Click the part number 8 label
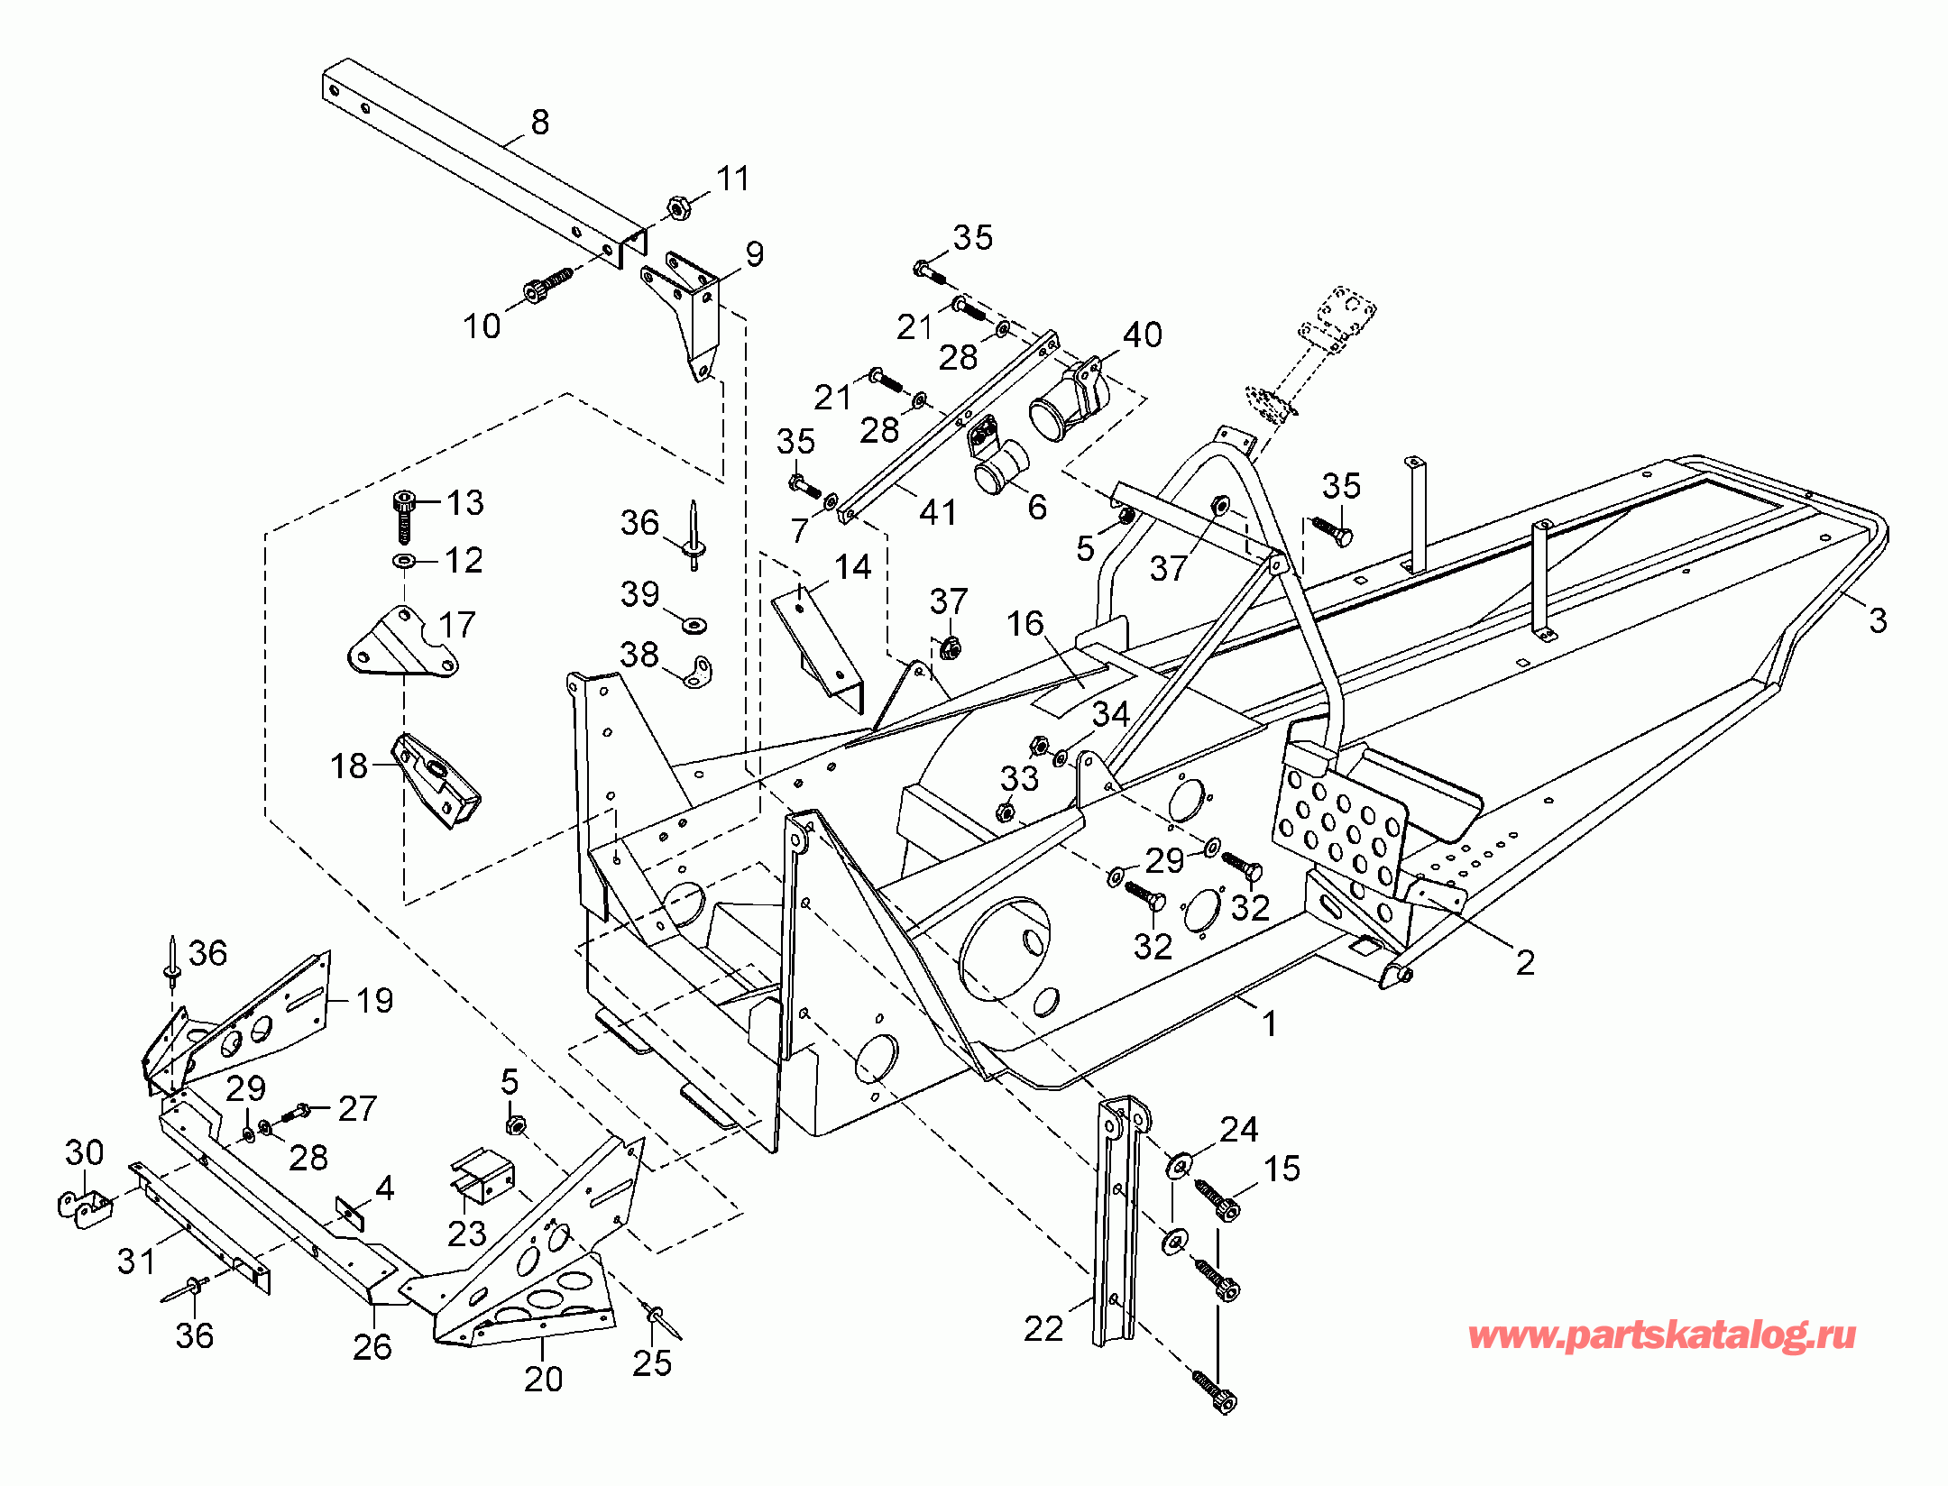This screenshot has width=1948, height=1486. [x=540, y=122]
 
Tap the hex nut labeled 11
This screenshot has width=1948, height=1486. [x=677, y=208]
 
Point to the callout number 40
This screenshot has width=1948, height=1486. [x=1143, y=335]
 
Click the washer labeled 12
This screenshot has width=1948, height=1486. [x=404, y=561]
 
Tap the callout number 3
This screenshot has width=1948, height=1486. [x=1878, y=620]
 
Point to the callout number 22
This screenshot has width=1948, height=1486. [x=1043, y=1328]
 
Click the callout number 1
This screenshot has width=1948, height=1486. [x=1269, y=1023]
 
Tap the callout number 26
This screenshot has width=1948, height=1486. [x=372, y=1347]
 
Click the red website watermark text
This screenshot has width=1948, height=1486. [x=1661, y=1335]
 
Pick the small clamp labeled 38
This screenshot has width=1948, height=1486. [x=697, y=672]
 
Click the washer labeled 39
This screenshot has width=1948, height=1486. [x=694, y=624]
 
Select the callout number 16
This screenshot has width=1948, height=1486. [x=1025, y=623]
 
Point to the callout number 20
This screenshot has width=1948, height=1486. [x=543, y=1379]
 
